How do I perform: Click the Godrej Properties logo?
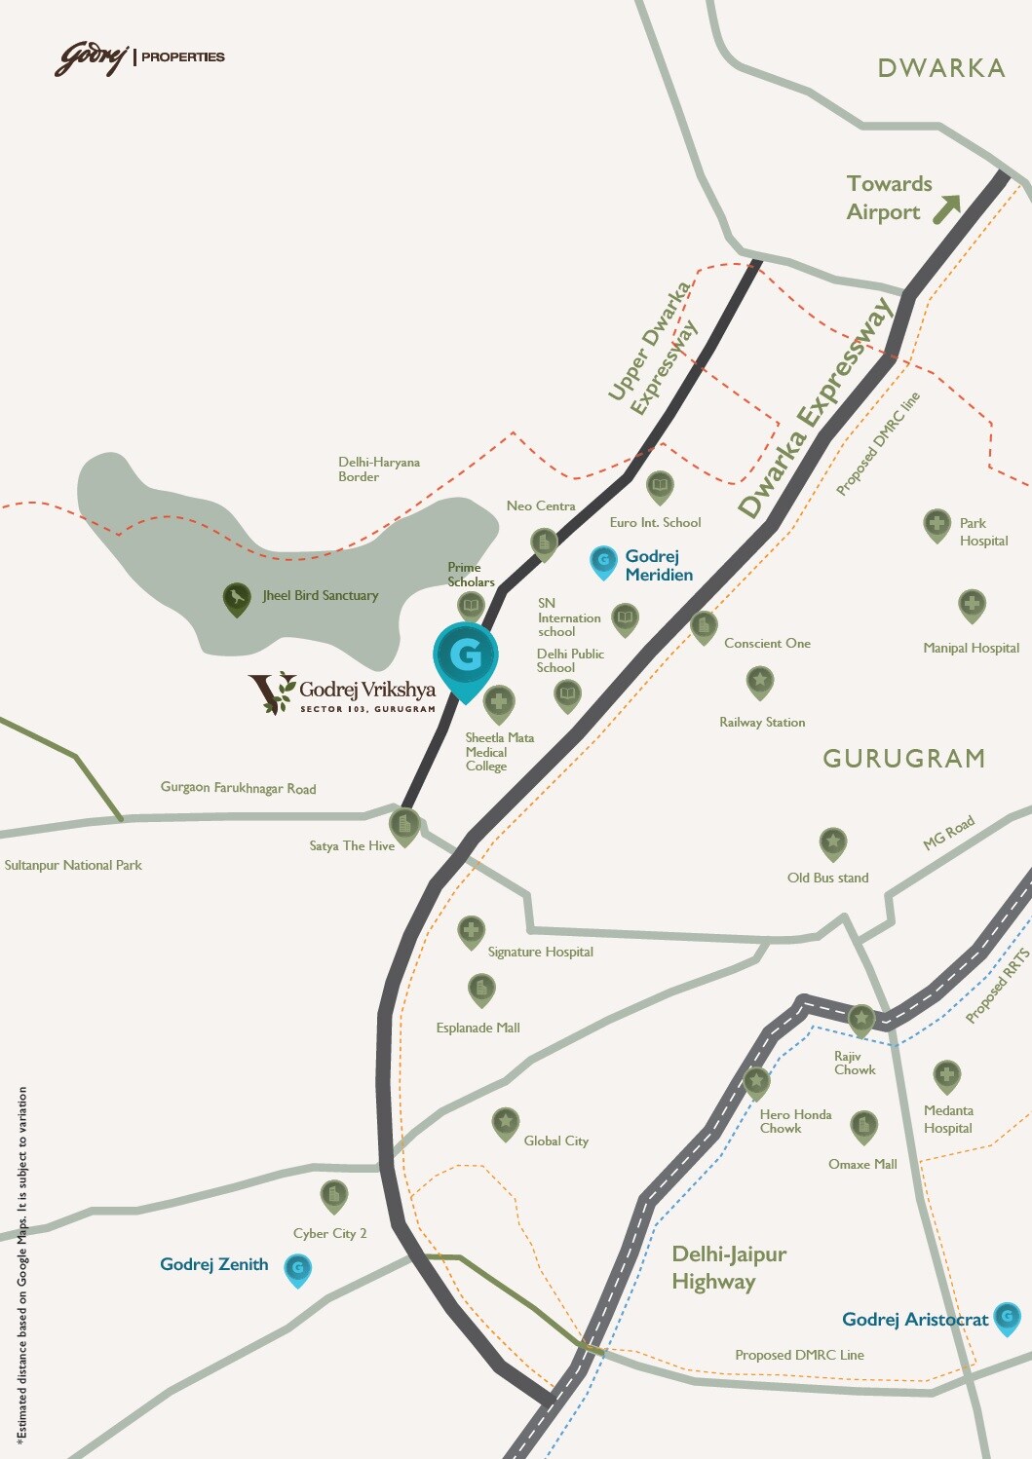[138, 57]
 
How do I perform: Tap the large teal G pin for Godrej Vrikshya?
[466, 656]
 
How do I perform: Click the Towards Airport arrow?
[945, 208]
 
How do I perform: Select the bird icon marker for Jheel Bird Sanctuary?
[237, 597]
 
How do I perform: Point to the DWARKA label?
[940, 68]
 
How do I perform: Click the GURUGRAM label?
[903, 759]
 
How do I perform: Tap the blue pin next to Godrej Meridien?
[604, 561]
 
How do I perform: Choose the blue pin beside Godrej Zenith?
[298, 1268]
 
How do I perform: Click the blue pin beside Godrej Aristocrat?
[1007, 1318]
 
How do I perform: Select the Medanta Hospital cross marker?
[946, 1076]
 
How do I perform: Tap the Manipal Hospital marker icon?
[972, 605]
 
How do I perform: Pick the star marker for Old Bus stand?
[832, 842]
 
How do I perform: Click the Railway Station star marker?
[760, 681]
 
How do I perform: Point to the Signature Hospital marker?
[472, 930]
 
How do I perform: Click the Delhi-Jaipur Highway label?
[729, 1267]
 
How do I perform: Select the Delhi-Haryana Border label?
[379, 469]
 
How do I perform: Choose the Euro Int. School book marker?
[660, 485]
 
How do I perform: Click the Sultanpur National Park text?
[73, 865]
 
